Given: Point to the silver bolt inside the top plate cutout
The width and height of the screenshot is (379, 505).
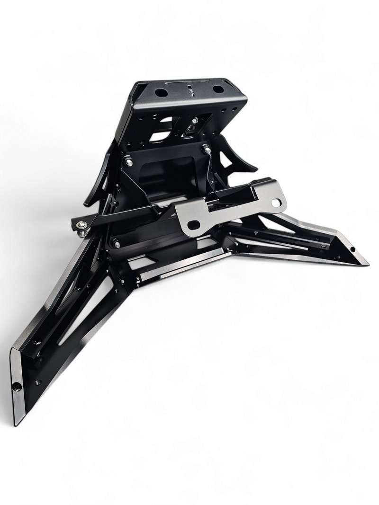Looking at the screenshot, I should [194, 122].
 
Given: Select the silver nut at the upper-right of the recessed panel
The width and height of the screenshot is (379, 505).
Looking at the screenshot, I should [207, 150].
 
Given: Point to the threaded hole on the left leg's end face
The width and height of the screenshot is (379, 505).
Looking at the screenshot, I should [18, 387].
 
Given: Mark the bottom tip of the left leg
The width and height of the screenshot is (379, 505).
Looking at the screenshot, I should [17, 423].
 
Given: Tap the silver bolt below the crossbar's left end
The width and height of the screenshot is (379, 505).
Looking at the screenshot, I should [116, 244].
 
